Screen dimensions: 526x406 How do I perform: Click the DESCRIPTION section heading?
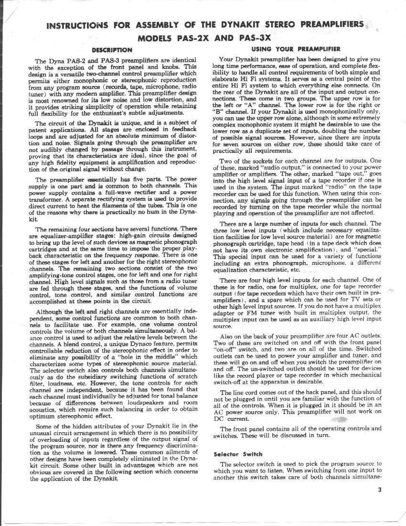click(111, 49)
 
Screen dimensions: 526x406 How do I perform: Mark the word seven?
click(230, 144)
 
